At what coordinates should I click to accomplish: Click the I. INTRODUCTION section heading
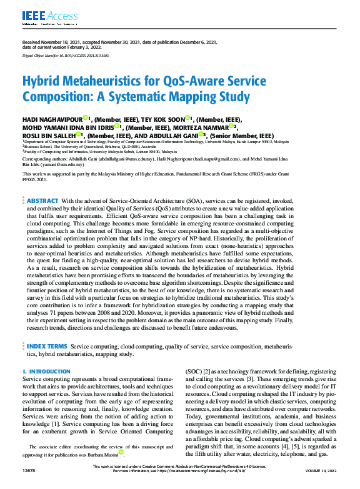click(x=46, y=372)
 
